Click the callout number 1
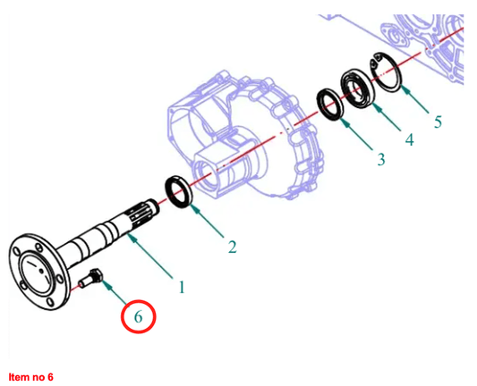click(x=182, y=288)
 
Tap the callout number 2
click(x=233, y=247)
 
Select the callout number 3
click(x=381, y=159)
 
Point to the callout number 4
click(x=410, y=140)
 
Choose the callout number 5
click(x=438, y=122)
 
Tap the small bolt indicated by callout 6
click(x=91, y=278)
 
